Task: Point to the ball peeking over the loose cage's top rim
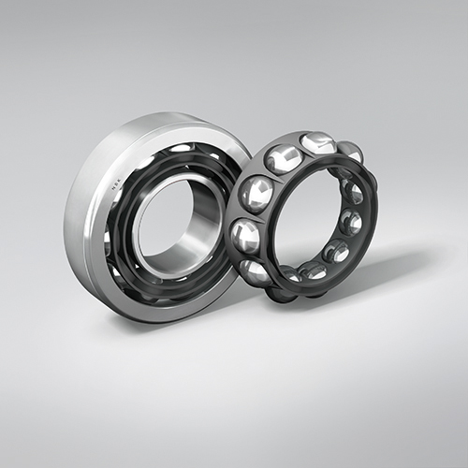tap(348, 152)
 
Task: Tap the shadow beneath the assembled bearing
tap(187, 323)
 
